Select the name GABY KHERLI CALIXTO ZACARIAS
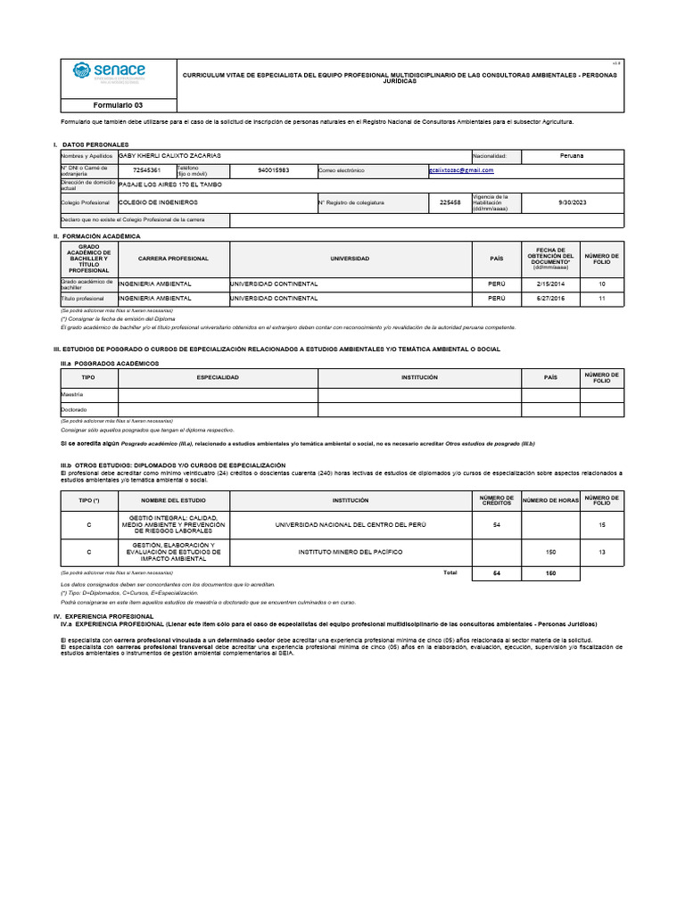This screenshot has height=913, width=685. (169, 155)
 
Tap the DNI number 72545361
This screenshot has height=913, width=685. (146, 169)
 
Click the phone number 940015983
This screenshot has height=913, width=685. (273, 169)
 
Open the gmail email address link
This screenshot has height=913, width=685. (460, 169)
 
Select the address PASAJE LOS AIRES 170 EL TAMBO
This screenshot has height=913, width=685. (170, 184)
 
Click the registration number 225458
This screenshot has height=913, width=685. (450, 202)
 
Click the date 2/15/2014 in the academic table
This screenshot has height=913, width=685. (546, 284)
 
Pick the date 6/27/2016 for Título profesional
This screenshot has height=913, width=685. (546, 298)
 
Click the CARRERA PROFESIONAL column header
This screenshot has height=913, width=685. (173, 259)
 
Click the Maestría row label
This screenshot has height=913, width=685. (72, 394)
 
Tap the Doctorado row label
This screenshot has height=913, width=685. (74, 409)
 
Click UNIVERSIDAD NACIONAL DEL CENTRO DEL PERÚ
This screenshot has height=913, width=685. (350, 524)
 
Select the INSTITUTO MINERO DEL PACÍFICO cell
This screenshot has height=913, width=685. (350, 552)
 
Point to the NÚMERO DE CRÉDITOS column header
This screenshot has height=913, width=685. (496, 500)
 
